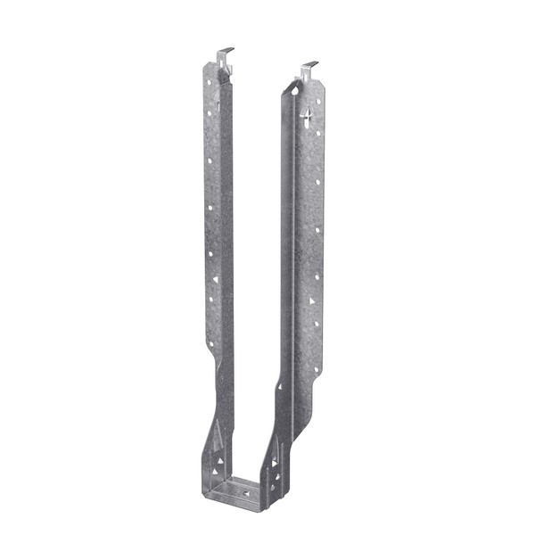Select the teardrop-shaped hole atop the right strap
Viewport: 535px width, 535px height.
pos(294,90)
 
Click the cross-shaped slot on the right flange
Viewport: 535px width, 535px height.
pos(307,116)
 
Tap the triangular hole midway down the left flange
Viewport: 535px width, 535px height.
pos(215,279)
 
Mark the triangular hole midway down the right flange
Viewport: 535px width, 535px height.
pos(311,300)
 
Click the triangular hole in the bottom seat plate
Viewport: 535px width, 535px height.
pos(247,492)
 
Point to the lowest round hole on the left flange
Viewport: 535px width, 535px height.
pos(211,342)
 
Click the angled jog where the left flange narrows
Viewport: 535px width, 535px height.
pos(214,361)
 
